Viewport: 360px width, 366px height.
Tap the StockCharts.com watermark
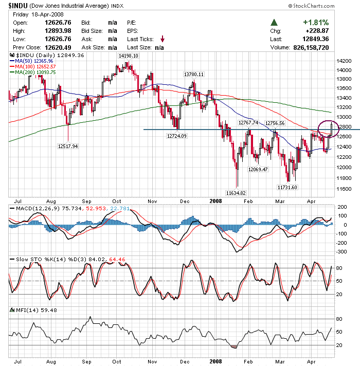tap(322, 6)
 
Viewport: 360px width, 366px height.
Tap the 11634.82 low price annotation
tap(236, 193)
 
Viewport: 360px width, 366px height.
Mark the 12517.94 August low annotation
tap(67, 146)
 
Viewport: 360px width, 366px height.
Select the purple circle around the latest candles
tap(328, 129)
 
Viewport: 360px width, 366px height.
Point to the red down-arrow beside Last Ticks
tap(163, 39)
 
